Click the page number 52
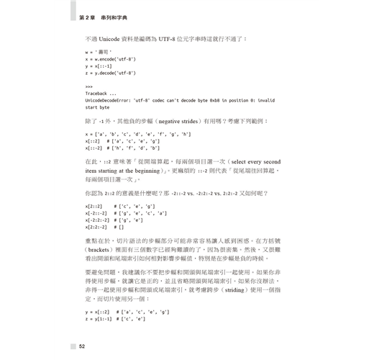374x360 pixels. tap(82, 346)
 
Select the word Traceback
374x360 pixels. tap(97, 94)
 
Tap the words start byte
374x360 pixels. tap(97, 107)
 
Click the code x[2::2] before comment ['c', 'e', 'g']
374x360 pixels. tap(94, 207)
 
